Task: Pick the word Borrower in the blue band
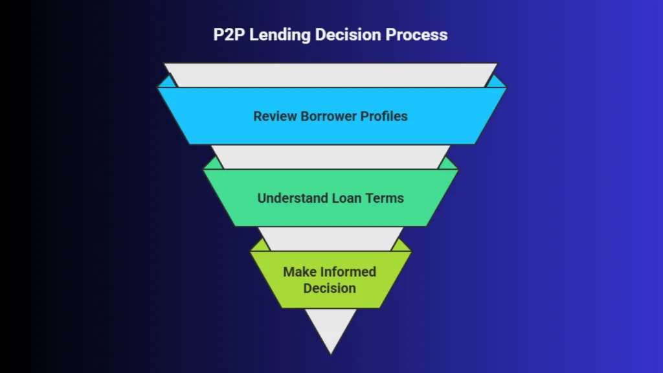(327, 117)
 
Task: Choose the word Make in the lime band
(300, 271)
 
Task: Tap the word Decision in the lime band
(330, 288)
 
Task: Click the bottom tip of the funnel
(331, 352)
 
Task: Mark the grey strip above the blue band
(330, 75)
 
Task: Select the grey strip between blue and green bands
(330, 157)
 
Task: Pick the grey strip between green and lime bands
(330, 238)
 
